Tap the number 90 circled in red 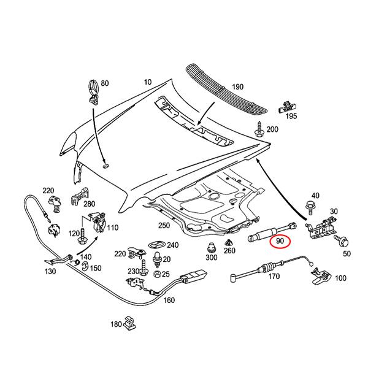(280, 242)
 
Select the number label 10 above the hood (148, 82)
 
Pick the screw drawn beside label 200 (259, 131)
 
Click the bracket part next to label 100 (319, 277)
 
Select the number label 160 (169, 300)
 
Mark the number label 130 (51, 270)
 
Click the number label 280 (89, 203)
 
